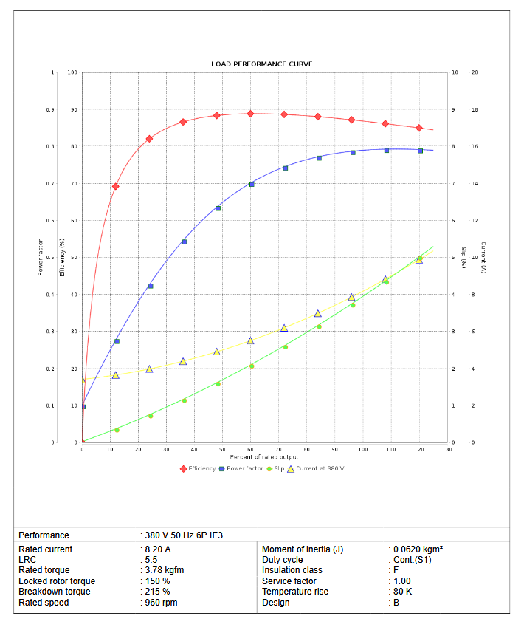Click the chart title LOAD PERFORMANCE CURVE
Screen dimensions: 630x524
(261, 64)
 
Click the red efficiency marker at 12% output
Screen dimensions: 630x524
(115, 186)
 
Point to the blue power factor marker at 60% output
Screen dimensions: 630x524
(251, 184)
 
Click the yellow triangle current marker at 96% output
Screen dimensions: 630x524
(352, 297)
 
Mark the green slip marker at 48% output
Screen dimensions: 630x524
(218, 384)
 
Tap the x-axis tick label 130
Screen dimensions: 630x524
(447, 449)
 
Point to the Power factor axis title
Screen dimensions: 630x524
(40, 258)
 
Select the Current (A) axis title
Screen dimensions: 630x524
(483, 258)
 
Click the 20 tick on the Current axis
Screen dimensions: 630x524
(475, 72)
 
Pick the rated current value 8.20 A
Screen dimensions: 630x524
(158, 549)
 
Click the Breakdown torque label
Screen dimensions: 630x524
(55, 592)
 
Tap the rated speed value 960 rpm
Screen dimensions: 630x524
(160, 603)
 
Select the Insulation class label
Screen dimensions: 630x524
(292, 570)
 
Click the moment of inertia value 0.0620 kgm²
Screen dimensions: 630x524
(418, 549)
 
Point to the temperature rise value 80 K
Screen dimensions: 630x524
(404, 592)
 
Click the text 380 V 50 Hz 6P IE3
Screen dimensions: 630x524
(183, 535)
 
